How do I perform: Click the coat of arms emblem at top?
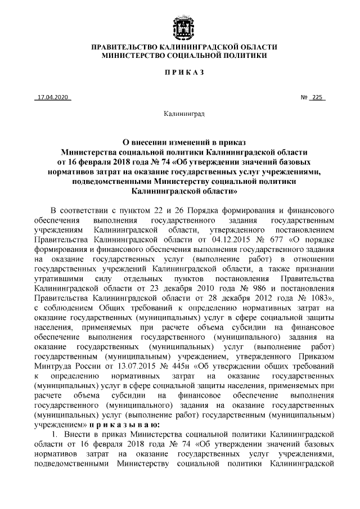tap(179, 25)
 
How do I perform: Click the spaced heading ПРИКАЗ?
tap(179, 74)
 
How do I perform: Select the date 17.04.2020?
tap(52, 97)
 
